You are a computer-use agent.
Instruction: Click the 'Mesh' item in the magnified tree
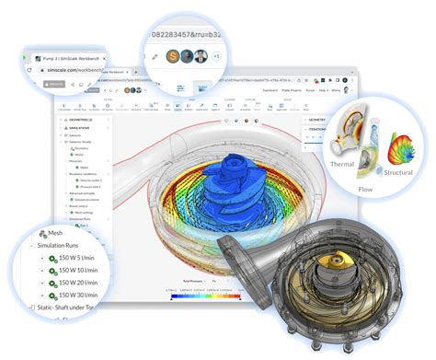pyautogui.click(x=55, y=233)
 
